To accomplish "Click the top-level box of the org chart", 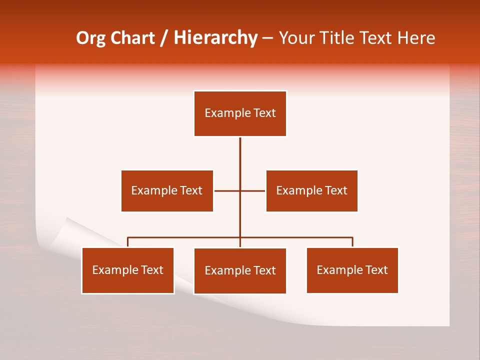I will coord(240,113).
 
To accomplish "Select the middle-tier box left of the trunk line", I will coord(167,190).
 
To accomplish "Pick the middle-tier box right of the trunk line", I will coord(311,190).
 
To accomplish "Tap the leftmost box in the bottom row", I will coord(128,270).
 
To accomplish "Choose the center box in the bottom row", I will coord(240,270).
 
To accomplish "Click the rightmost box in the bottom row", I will coord(352,270).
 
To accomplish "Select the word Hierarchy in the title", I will coord(215,38).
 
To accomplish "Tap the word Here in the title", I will coord(416,38).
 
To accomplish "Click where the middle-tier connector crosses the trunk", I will coord(240,190).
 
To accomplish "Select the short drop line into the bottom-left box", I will coord(128,242).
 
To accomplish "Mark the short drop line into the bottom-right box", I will coord(352,242).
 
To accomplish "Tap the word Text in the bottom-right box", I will coord(376,270).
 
